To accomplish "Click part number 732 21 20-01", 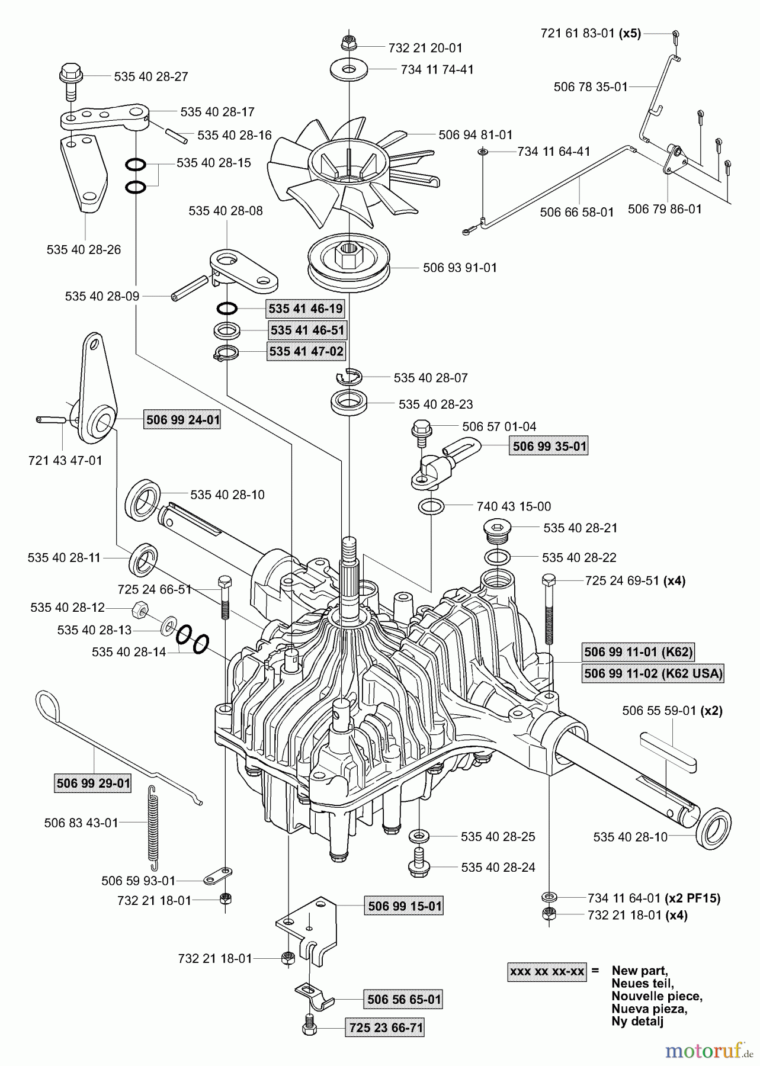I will tap(425, 48).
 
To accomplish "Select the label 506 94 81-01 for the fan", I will tap(475, 135).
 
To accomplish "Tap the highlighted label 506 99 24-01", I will tap(182, 420).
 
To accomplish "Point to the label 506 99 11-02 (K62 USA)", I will tap(653, 673).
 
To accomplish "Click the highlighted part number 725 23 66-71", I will tap(386, 1028).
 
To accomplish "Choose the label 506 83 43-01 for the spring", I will tap(81, 823).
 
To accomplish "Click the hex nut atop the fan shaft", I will tap(348, 44).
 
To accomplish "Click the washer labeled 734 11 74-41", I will tap(349, 69).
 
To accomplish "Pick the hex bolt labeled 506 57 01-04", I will tap(422, 428).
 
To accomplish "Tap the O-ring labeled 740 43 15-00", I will tap(431, 506).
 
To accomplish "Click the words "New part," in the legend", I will tap(639, 971).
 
